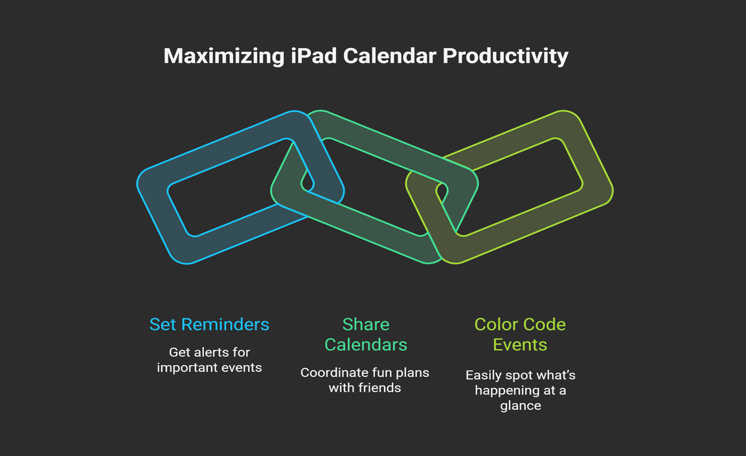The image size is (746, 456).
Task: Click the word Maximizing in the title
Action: click(224, 56)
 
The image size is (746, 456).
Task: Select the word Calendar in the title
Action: click(390, 56)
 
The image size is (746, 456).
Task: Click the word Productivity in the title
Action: click(505, 56)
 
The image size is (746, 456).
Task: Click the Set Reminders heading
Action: click(209, 324)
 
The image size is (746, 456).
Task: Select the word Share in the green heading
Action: click(366, 324)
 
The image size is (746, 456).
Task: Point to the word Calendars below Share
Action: click(366, 345)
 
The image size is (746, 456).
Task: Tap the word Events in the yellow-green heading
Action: click(520, 345)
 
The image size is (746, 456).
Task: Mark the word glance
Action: click(521, 406)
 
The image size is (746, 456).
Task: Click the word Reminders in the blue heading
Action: click(225, 324)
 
